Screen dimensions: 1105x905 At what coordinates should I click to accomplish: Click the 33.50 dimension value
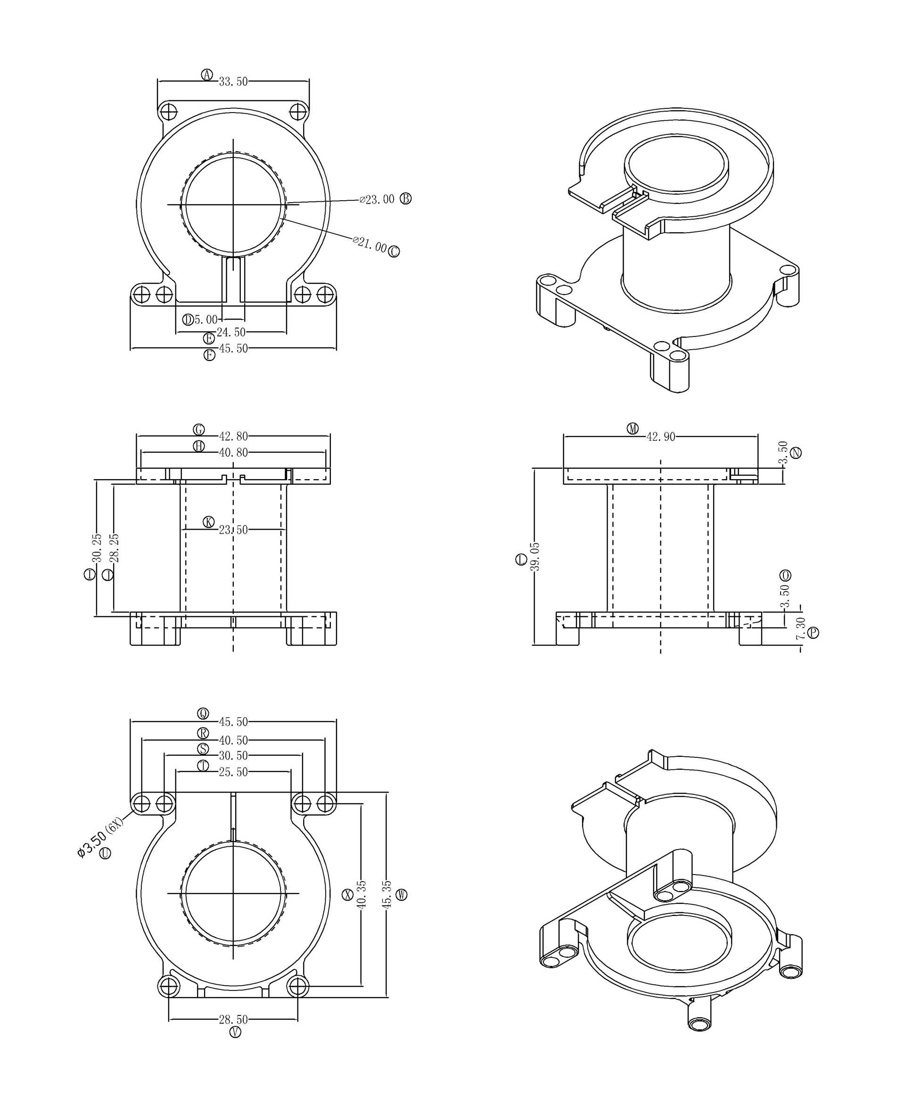pos(233,82)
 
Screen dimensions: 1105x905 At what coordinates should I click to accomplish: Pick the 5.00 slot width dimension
pos(206,319)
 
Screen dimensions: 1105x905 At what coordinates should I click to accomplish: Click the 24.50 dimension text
pos(231,333)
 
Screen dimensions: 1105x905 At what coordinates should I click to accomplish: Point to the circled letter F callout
pos(209,355)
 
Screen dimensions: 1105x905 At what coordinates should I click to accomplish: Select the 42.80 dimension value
pos(233,436)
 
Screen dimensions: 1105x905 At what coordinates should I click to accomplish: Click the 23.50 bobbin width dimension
pos(233,530)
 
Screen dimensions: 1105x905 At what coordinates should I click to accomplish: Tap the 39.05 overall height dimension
pos(535,557)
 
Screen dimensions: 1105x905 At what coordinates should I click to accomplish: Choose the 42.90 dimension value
pos(660,437)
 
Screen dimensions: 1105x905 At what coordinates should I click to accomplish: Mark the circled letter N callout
pos(796,453)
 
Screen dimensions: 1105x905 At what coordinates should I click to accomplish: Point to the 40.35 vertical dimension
pos(361,894)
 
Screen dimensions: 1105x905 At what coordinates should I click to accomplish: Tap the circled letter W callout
pos(402,894)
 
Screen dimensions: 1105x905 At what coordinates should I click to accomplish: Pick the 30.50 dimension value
pos(233,756)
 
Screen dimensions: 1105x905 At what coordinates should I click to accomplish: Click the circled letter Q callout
pos(203,713)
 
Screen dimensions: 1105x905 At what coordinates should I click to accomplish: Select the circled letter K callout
pos(208,522)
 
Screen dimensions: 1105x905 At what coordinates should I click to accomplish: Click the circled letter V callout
pos(235,1032)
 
